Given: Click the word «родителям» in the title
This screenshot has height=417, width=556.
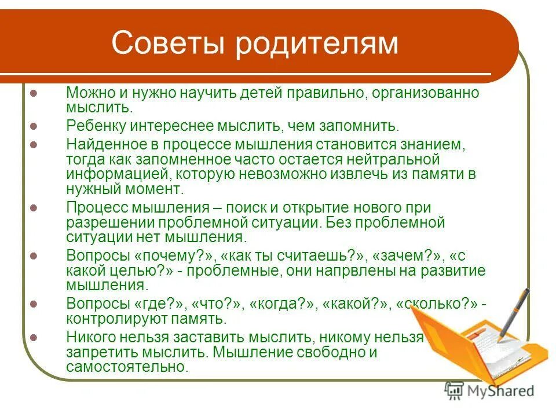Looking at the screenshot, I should tap(317, 44).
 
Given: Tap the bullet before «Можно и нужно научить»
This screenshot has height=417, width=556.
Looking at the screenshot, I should tap(34, 93).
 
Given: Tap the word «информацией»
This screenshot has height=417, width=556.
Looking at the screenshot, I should tap(109, 174).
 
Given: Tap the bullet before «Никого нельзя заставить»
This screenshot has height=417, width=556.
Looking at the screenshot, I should tap(34, 336).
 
